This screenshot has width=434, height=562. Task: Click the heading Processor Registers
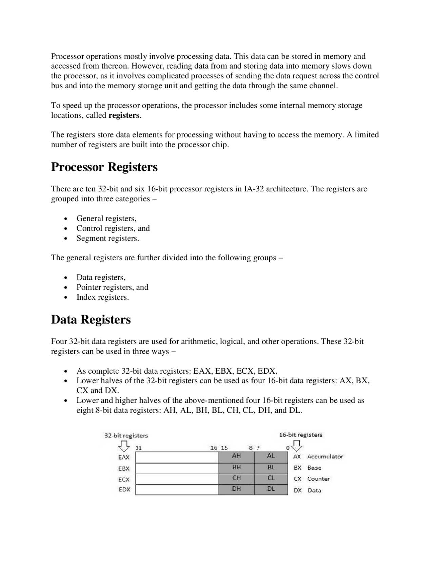pyautogui.click(x=104, y=167)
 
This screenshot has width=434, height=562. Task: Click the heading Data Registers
pyautogui.click(x=91, y=319)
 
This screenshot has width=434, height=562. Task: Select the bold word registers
pyautogui.click(x=124, y=115)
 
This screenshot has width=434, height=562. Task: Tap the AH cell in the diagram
pyautogui.click(x=236, y=456)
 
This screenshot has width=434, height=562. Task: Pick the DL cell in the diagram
pyautogui.click(x=271, y=489)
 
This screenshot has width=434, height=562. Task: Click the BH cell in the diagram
pyautogui.click(x=236, y=468)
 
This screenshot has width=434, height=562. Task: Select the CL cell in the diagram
pyautogui.click(x=271, y=479)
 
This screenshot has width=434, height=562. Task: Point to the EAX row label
pyautogui.click(x=124, y=457)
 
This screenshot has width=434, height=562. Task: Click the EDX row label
pyautogui.click(x=124, y=490)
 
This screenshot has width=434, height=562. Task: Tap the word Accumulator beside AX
pyautogui.click(x=325, y=457)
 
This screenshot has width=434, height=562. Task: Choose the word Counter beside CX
pyautogui.click(x=318, y=479)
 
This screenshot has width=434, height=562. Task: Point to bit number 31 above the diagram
pyautogui.click(x=138, y=448)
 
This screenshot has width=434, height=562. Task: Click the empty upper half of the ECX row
pyautogui.click(x=177, y=479)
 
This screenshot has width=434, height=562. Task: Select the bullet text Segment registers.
pyautogui.click(x=107, y=238)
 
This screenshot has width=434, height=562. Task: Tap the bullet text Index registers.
pyautogui.click(x=102, y=297)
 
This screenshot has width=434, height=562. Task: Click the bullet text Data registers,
pyautogui.click(x=101, y=278)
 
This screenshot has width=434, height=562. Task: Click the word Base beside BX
pyautogui.click(x=314, y=468)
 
